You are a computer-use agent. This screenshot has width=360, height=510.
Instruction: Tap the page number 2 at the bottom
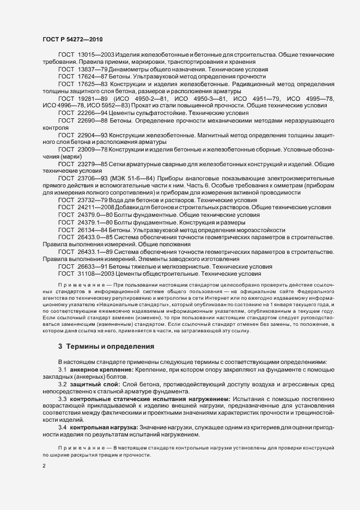click(x=44, y=466)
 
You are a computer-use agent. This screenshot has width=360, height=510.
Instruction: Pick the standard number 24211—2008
click(x=95, y=208)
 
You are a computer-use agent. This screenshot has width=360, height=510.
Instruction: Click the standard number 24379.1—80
click(x=95, y=222)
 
